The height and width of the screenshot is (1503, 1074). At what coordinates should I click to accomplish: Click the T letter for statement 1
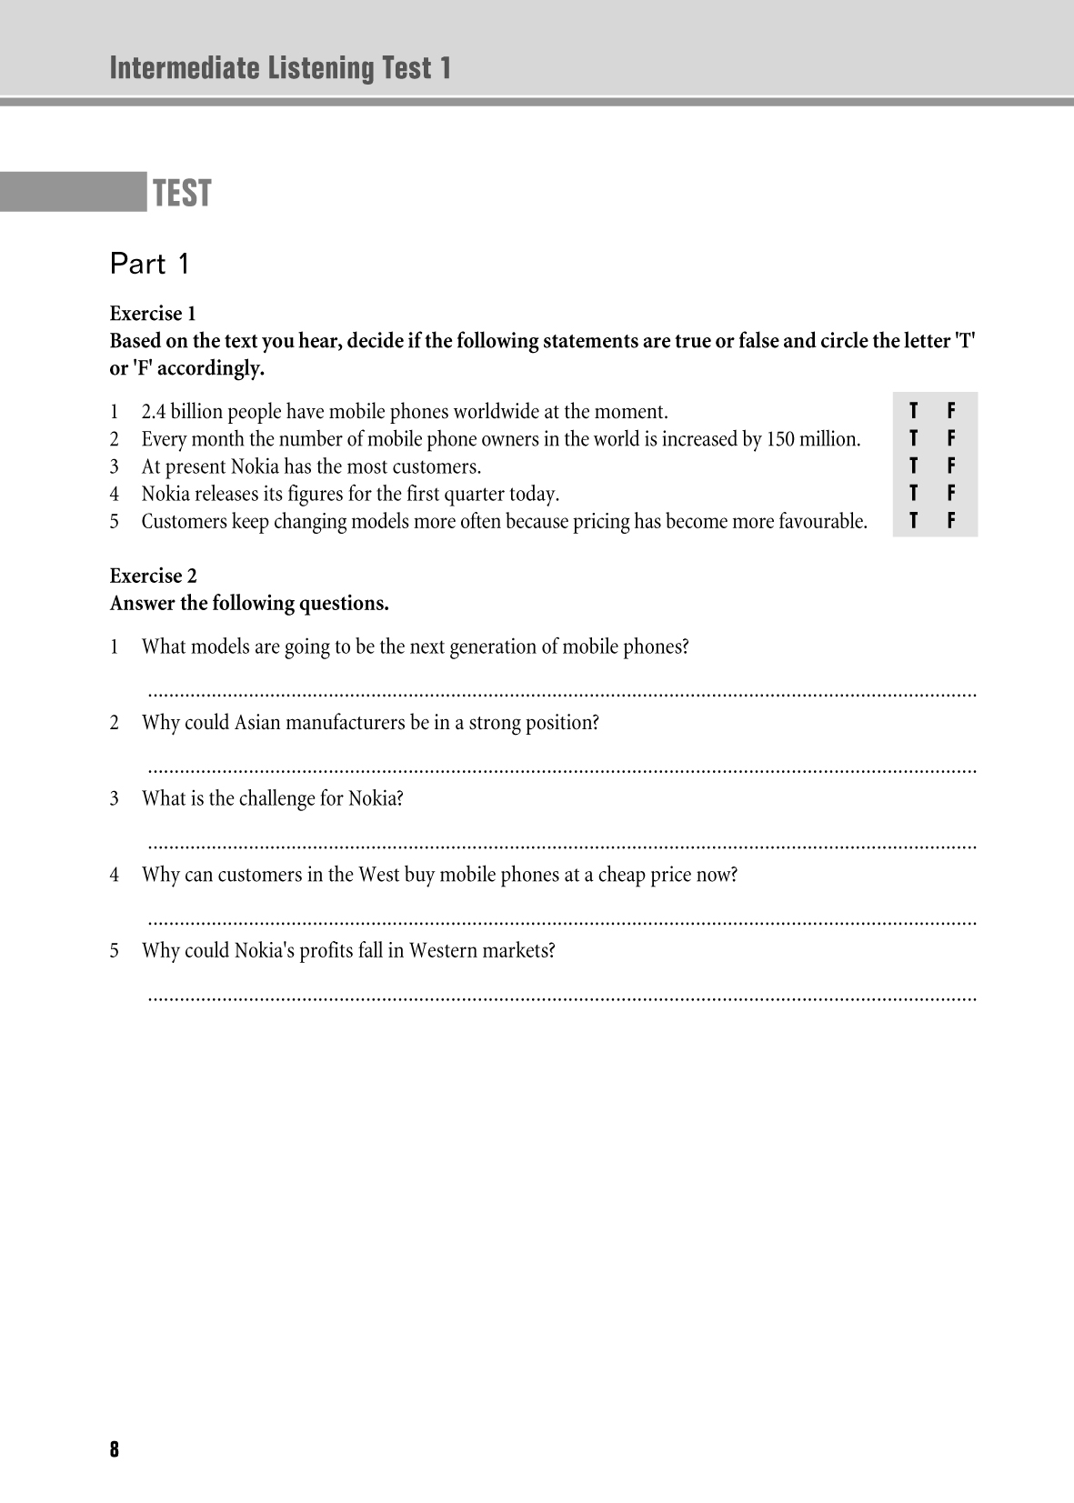pyautogui.click(x=913, y=411)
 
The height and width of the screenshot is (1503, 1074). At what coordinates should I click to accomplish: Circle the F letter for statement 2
pyautogui.click(x=951, y=438)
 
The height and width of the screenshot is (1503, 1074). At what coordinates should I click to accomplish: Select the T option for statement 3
pyautogui.click(x=913, y=466)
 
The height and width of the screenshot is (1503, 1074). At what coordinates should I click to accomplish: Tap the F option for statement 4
pyautogui.click(x=951, y=493)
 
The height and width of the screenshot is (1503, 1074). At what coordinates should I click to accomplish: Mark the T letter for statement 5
pyautogui.click(x=913, y=521)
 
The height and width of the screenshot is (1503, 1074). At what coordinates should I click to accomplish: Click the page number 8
pyautogui.click(x=114, y=1449)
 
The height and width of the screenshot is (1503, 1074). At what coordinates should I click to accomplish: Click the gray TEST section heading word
pyautogui.click(x=182, y=193)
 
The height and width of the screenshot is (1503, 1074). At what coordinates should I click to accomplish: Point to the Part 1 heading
pyautogui.click(x=149, y=265)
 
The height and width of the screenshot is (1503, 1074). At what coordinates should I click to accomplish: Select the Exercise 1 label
pyautogui.click(x=153, y=314)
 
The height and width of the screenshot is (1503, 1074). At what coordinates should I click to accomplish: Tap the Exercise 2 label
pyautogui.click(x=153, y=576)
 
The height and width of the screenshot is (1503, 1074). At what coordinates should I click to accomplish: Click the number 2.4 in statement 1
pyautogui.click(x=154, y=412)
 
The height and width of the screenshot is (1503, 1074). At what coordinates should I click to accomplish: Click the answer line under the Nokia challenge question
pyautogui.click(x=561, y=846)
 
